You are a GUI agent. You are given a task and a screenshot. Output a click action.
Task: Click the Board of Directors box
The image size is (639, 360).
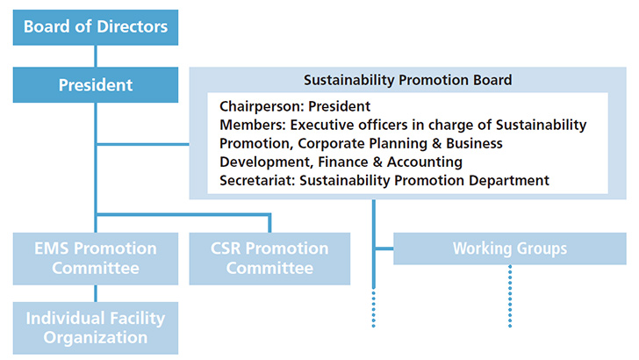(96, 27)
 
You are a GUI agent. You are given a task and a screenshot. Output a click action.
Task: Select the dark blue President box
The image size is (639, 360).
(96, 85)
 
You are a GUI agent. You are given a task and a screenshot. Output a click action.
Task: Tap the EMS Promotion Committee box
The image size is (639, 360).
(96, 258)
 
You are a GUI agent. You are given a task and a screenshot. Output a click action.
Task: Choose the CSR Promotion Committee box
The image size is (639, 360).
(269, 258)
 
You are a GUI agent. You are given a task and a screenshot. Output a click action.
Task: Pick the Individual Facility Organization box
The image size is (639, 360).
(96, 328)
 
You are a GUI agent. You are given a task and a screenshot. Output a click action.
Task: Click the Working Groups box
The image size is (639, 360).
(509, 248)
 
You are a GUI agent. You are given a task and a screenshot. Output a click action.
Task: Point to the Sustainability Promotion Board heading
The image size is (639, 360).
(407, 80)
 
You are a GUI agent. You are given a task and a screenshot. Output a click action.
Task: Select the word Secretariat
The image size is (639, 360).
(257, 180)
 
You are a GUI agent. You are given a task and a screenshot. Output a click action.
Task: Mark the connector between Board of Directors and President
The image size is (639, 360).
(96, 56)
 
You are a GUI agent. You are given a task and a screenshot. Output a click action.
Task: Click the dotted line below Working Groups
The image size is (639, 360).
(510, 296)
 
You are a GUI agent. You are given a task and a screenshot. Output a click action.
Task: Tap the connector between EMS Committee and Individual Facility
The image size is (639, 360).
(96, 293)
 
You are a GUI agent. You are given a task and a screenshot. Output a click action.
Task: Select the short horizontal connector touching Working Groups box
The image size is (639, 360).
(384, 248)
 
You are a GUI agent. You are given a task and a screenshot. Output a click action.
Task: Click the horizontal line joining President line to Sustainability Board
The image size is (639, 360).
(143, 144)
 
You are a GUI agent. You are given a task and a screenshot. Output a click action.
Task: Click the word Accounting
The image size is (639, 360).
(425, 162)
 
